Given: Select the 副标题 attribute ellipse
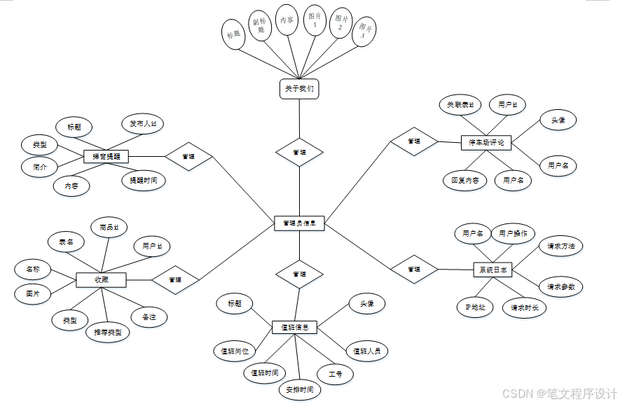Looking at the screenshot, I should pyautogui.click(x=261, y=26).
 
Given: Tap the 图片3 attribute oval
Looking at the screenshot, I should pyautogui.click(x=364, y=30).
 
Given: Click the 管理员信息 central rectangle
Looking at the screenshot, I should pyautogui.click(x=299, y=224).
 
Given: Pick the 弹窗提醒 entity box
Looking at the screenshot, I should pyautogui.click(x=106, y=156).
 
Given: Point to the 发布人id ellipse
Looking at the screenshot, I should pyautogui.click(x=143, y=124).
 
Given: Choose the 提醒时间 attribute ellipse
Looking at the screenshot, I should pyautogui.click(x=144, y=180).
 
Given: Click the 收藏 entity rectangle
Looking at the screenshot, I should pyautogui.click(x=101, y=279).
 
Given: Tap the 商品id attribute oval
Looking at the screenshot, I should pyautogui.click(x=109, y=227).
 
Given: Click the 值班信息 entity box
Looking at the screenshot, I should pyautogui.click(x=295, y=327).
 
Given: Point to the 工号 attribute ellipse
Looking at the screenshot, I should pyautogui.click(x=336, y=375).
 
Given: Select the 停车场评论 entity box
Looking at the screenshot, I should pyautogui.click(x=486, y=143).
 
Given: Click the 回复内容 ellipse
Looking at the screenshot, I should pyautogui.click(x=465, y=180).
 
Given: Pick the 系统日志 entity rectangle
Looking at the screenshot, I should pyautogui.click(x=494, y=270).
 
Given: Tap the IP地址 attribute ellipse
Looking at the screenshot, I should pyautogui.click(x=475, y=307).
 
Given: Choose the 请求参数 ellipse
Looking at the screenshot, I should pyautogui.click(x=561, y=286).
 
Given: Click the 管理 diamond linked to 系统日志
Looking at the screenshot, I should pyautogui.click(x=414, y=269).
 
